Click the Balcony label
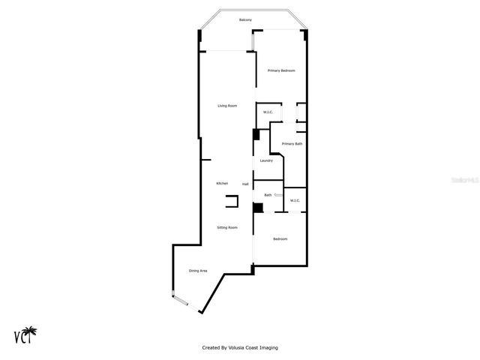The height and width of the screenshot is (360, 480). pyautogui.click(x=245, y=19)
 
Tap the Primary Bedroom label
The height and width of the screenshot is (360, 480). pyautogui.click(x=281, y=70)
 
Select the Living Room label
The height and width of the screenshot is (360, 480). pyautogui.click(x=227, y=106)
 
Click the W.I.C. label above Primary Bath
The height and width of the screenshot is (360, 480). pyautogui.click(x=268, y=112)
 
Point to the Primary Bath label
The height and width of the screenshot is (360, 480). pyautogui.click(x=292, y=143)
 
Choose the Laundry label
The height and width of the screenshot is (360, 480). pyautogui.click(x=266, y=160)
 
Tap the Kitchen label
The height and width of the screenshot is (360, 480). pyautogui.click(x=222, y=184)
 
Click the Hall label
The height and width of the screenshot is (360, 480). pyautogui.click(x=245, y=184)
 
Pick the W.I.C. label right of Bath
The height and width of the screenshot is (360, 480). pyautogui.click(x=295, y=200)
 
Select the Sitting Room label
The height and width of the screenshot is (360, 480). pyautogui.click(x=227, y=227)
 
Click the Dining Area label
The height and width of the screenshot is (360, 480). pyautogui.click(x=198, y=271)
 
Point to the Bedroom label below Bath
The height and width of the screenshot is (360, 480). pyautogui.click(x=280, y=238)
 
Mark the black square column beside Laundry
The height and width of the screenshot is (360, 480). pyautogui.click(x=256, y=135)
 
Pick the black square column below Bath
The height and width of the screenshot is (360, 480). pyautogui.click(x=257, y=208)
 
